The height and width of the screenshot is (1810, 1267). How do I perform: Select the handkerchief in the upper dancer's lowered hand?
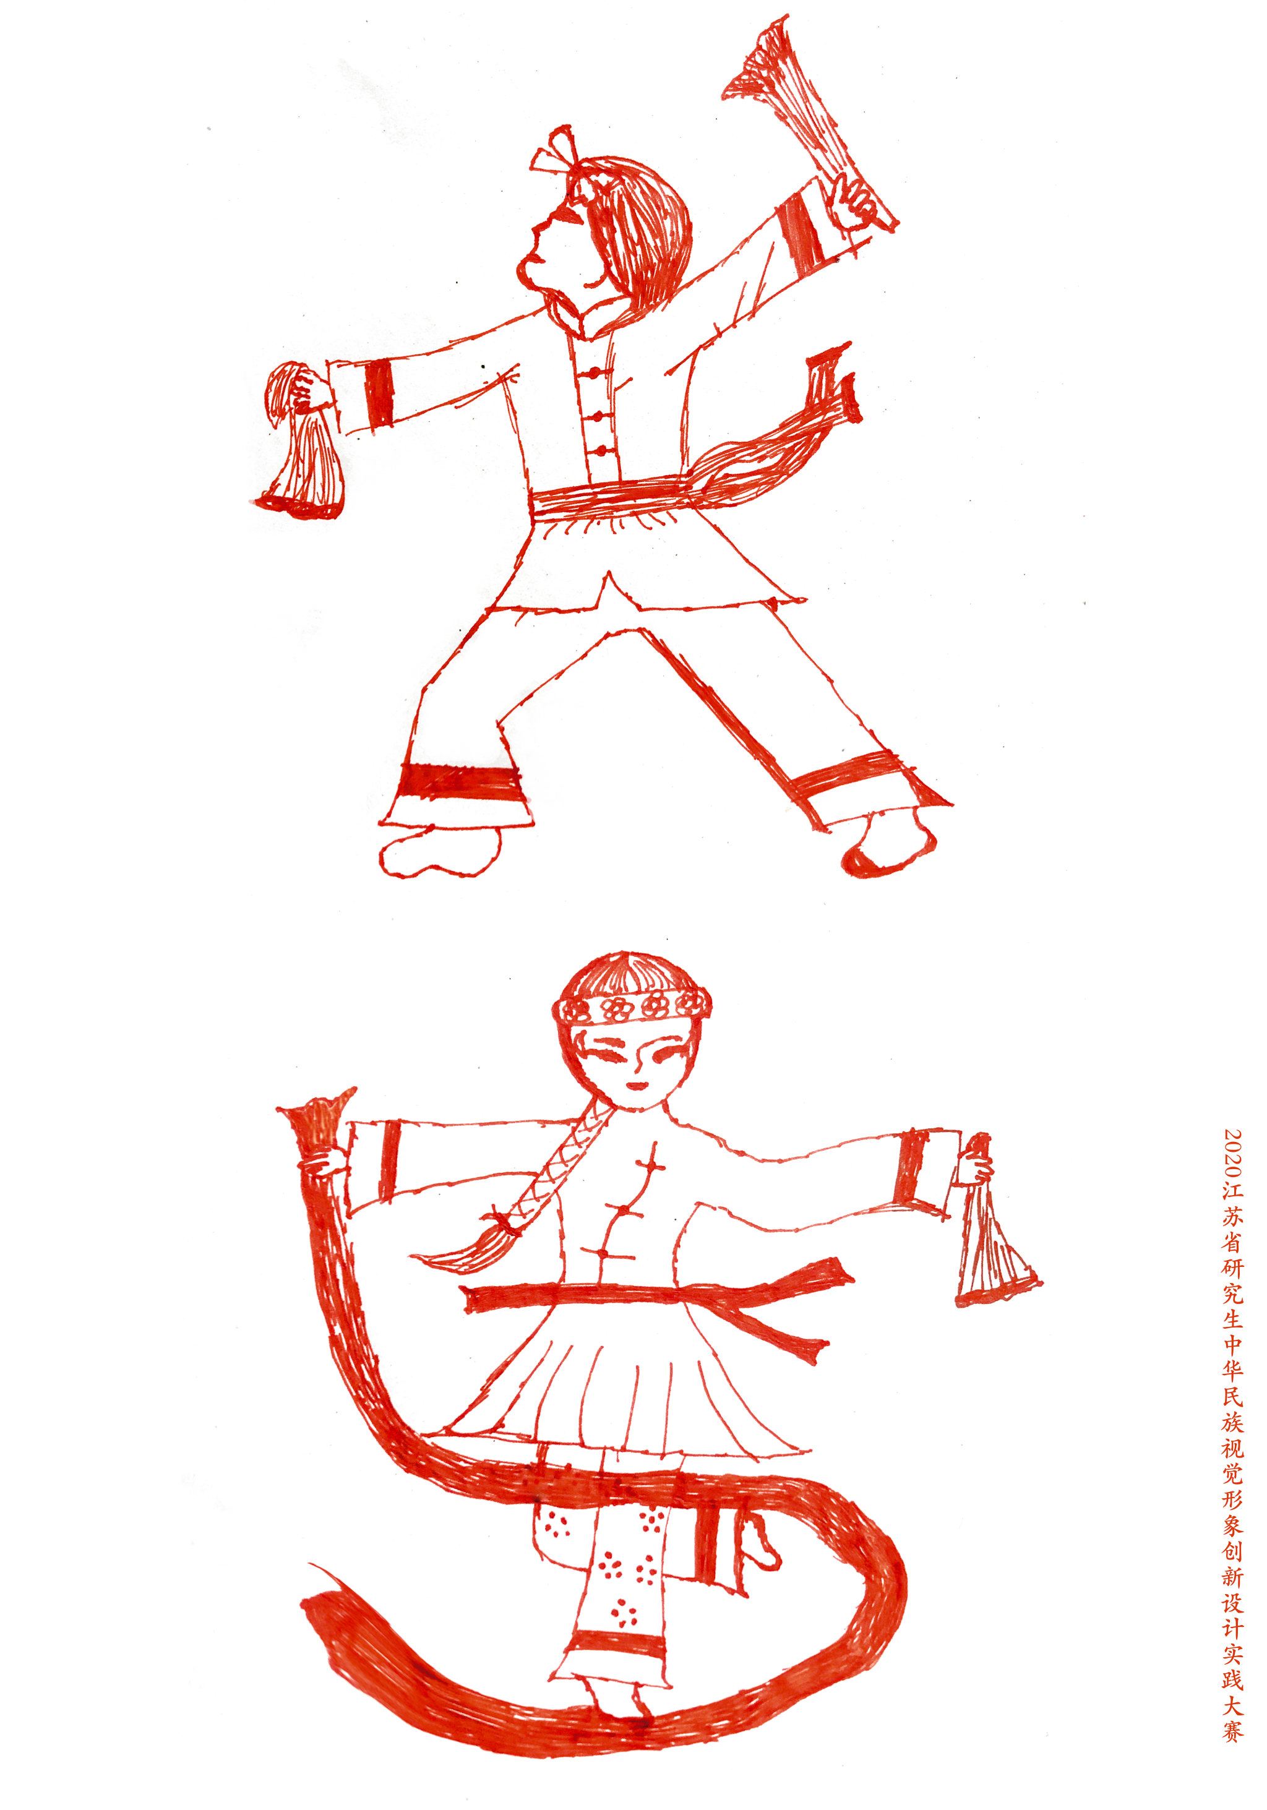coord(301,442)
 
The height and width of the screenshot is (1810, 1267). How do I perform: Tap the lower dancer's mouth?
coord(635,1086)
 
